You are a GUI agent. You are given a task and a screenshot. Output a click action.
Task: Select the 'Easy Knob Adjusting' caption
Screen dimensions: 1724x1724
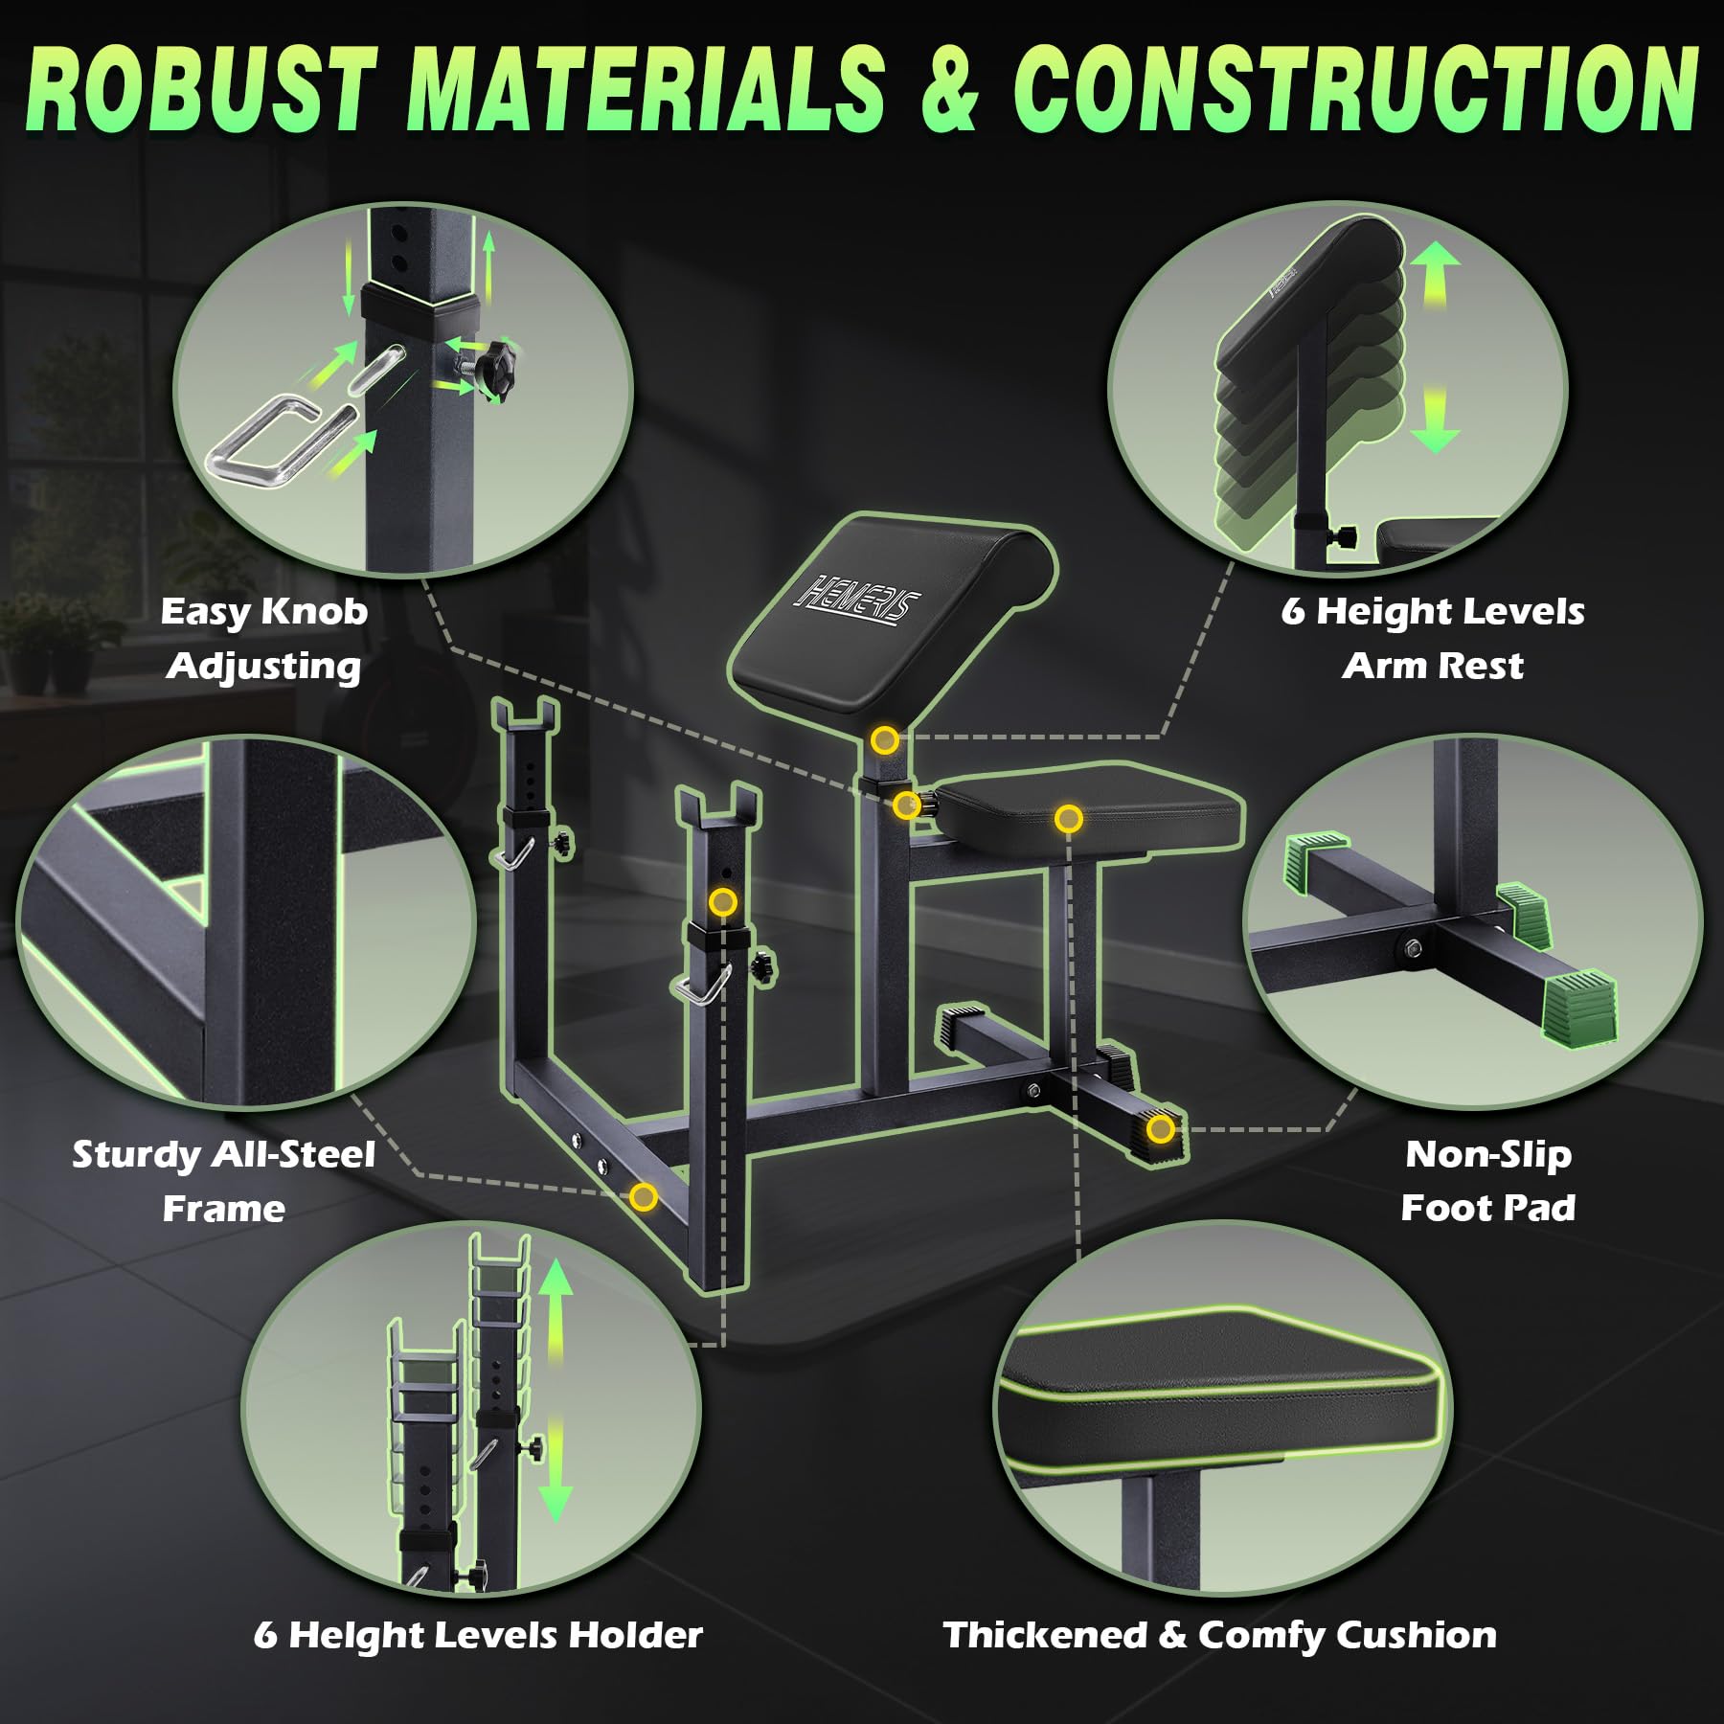[264, 639]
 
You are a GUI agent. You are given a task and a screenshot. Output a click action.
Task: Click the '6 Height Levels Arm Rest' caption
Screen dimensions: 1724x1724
[1433, 639]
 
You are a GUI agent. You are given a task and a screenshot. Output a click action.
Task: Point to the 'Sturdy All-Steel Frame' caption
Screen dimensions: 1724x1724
[224, 1181]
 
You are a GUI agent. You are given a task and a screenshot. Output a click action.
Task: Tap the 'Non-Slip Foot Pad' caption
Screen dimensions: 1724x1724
[1488, 1181]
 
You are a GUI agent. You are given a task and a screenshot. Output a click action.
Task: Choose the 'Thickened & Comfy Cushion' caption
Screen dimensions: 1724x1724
[1220, 1635]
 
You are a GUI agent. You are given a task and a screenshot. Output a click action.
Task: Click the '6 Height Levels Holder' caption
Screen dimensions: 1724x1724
[478, 1635]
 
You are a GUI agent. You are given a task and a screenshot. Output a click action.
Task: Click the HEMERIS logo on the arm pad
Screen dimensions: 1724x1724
[857, 601]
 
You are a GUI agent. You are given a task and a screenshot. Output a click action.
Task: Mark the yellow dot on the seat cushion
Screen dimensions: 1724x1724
[1069, 819]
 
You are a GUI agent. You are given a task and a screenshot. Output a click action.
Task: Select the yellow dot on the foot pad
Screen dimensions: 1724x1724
[1161, 1129]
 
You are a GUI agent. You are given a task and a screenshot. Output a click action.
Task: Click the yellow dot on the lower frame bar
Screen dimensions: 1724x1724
[644, 1196]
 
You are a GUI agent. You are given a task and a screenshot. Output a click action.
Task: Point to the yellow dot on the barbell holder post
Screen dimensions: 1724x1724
[723, 902]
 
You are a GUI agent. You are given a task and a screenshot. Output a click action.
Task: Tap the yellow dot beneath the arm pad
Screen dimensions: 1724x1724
[885, 739]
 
